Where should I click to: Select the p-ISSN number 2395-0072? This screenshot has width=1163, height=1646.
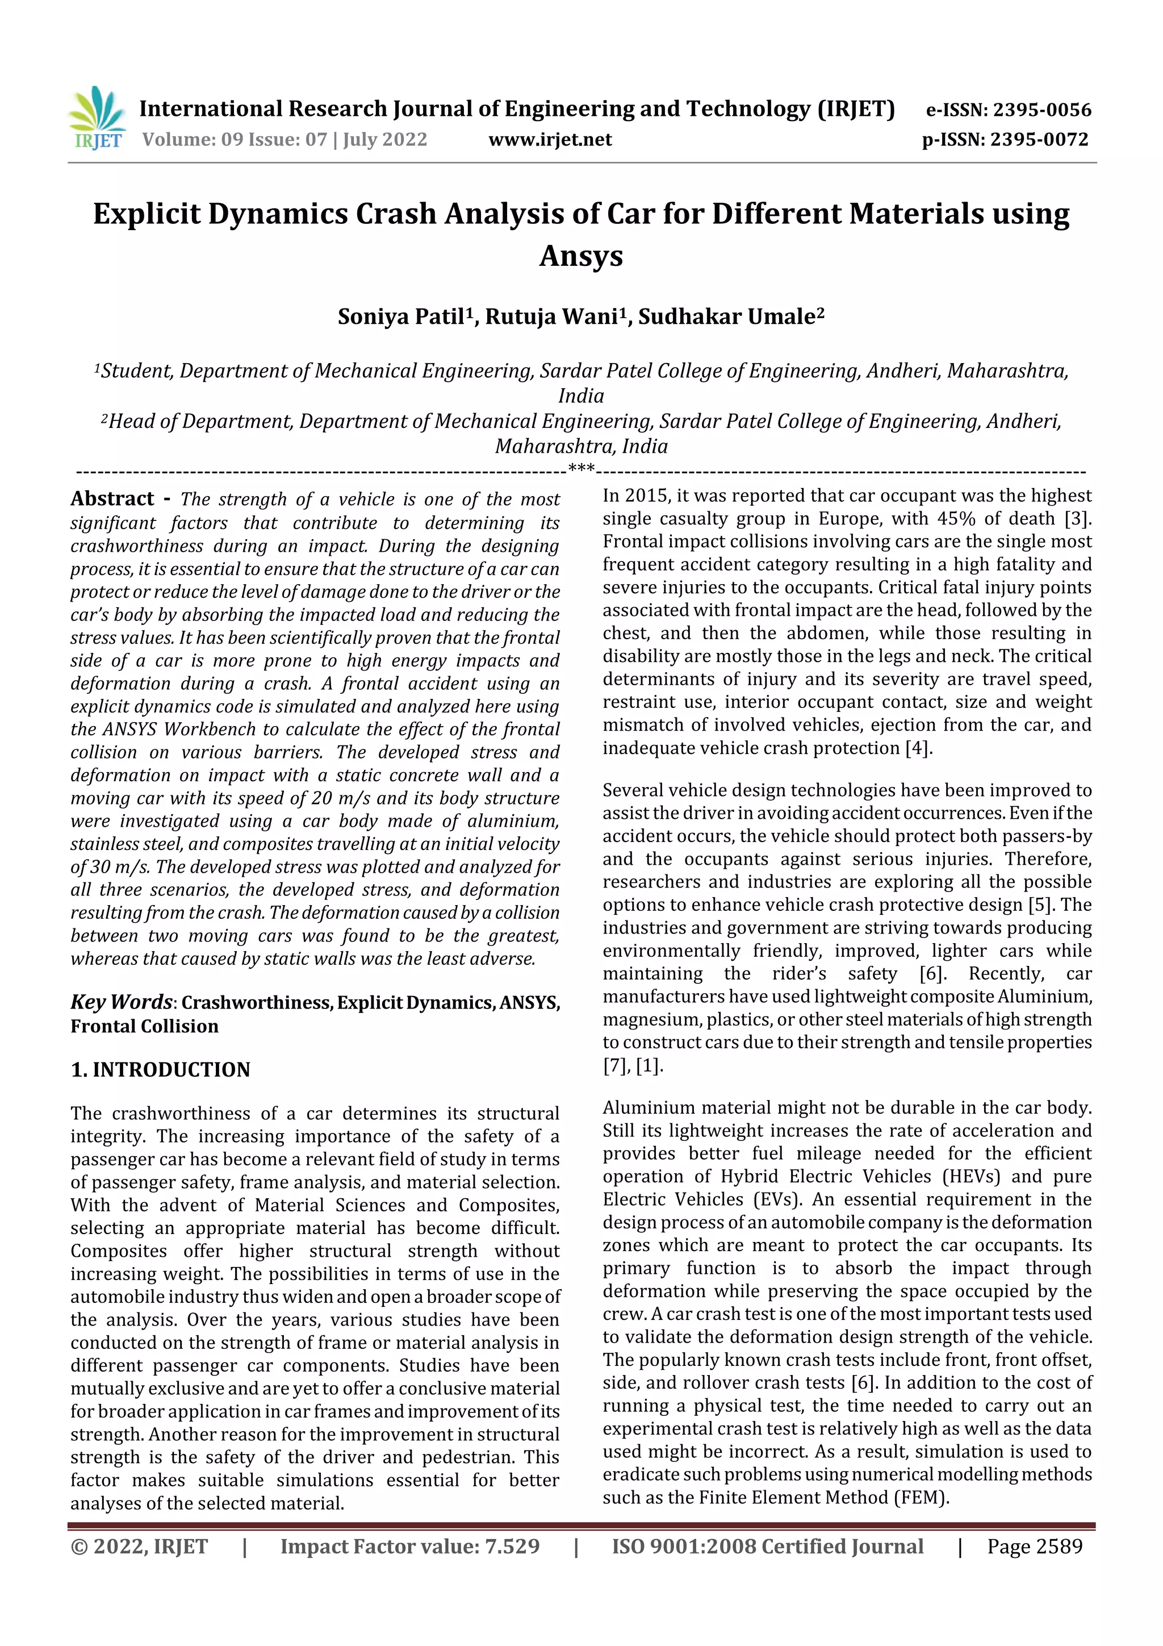click(x=1039, y=139)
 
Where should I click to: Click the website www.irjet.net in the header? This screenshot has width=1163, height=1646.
click(x=550, y=139)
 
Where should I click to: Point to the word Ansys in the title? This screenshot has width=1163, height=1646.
click(x=580, y=256)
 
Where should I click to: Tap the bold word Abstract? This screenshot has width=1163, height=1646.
click(x=112, y=499)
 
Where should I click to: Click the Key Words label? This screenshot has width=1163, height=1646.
click(x=121, y=1002)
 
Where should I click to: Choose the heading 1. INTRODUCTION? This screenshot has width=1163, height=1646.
click(x=161, y=1070)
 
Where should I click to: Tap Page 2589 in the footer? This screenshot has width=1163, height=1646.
click(x=1034, y=1547)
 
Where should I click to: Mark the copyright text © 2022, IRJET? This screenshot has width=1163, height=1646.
click(x=139, y=1547)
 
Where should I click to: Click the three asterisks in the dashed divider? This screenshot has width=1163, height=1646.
click(x=580, y=469)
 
